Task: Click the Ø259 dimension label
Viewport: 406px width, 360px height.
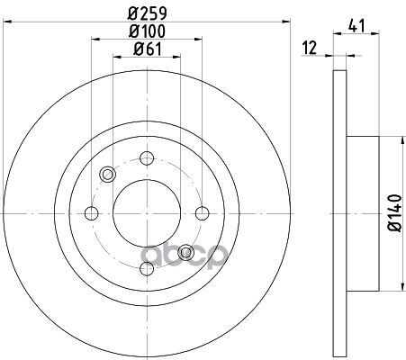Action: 147,13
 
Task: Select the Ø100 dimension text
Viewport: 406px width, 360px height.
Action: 147,31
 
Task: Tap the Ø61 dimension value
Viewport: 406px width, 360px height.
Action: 147,49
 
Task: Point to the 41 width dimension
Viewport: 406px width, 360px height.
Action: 356,25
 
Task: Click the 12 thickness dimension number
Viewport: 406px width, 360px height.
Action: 310,48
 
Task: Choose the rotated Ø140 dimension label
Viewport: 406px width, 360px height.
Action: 395,213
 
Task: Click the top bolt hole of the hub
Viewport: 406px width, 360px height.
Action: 147,158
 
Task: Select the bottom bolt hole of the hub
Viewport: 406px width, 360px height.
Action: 147,268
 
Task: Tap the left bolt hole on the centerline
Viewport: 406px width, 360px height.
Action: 92,213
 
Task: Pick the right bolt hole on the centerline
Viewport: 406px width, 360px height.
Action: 203,213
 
